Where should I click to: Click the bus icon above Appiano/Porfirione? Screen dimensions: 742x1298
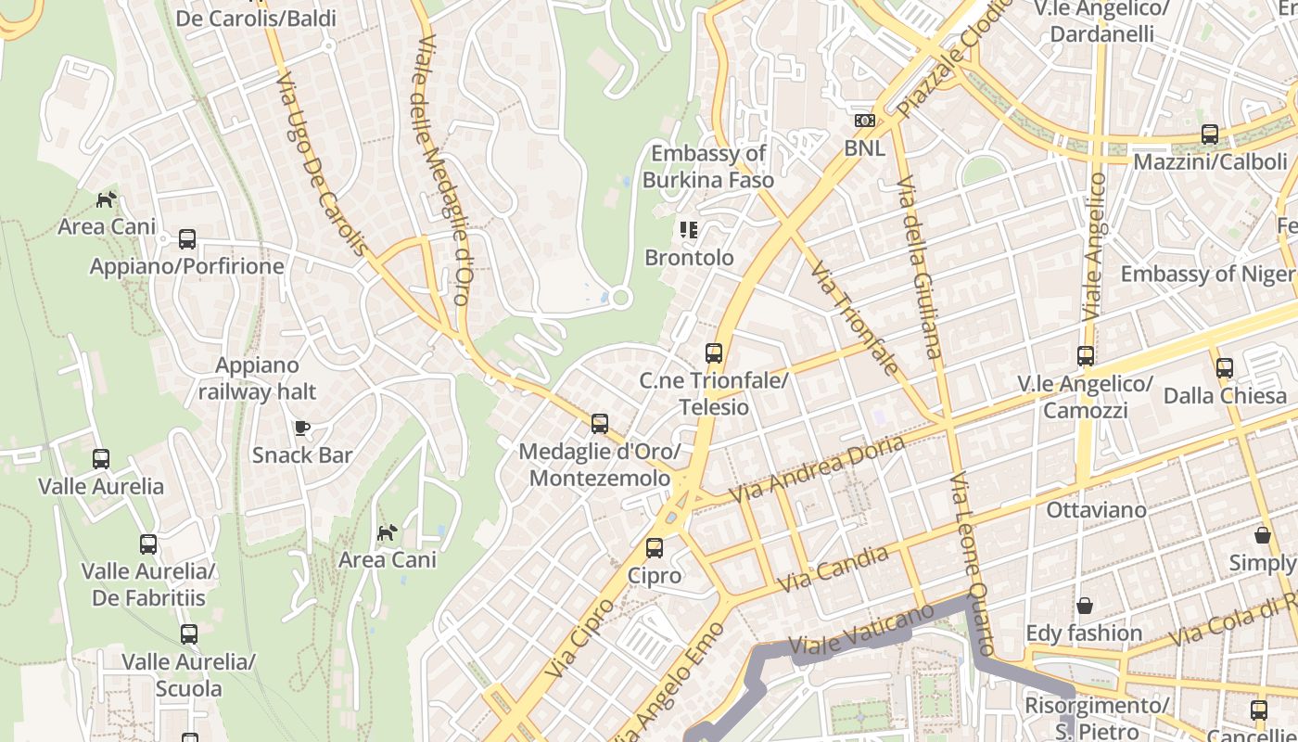[187, 239]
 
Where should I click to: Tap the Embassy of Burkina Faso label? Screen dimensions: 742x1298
[708, 167]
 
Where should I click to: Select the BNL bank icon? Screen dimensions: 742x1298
[864, 121]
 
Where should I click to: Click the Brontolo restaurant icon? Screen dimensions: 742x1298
[688, 229]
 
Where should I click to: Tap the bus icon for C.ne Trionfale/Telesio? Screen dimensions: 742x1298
[713, 353]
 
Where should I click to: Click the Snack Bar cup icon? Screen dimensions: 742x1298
[301, 428]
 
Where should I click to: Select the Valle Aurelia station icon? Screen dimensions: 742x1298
[101, 459]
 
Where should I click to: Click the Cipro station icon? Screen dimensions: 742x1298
[655, 548]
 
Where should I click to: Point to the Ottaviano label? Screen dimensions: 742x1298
[1096, 510]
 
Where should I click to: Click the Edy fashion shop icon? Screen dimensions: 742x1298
[1084, 607]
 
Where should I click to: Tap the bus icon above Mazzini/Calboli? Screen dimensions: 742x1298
[1210, 134]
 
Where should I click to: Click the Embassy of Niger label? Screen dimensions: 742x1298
[1207, 275]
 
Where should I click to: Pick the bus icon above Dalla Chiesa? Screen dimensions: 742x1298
[1225, 368]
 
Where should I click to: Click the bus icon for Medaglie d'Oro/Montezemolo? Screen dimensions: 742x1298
[600, 424]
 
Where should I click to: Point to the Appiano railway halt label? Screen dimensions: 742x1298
[257, 378]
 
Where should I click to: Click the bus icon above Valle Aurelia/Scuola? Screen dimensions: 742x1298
[189, 634]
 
